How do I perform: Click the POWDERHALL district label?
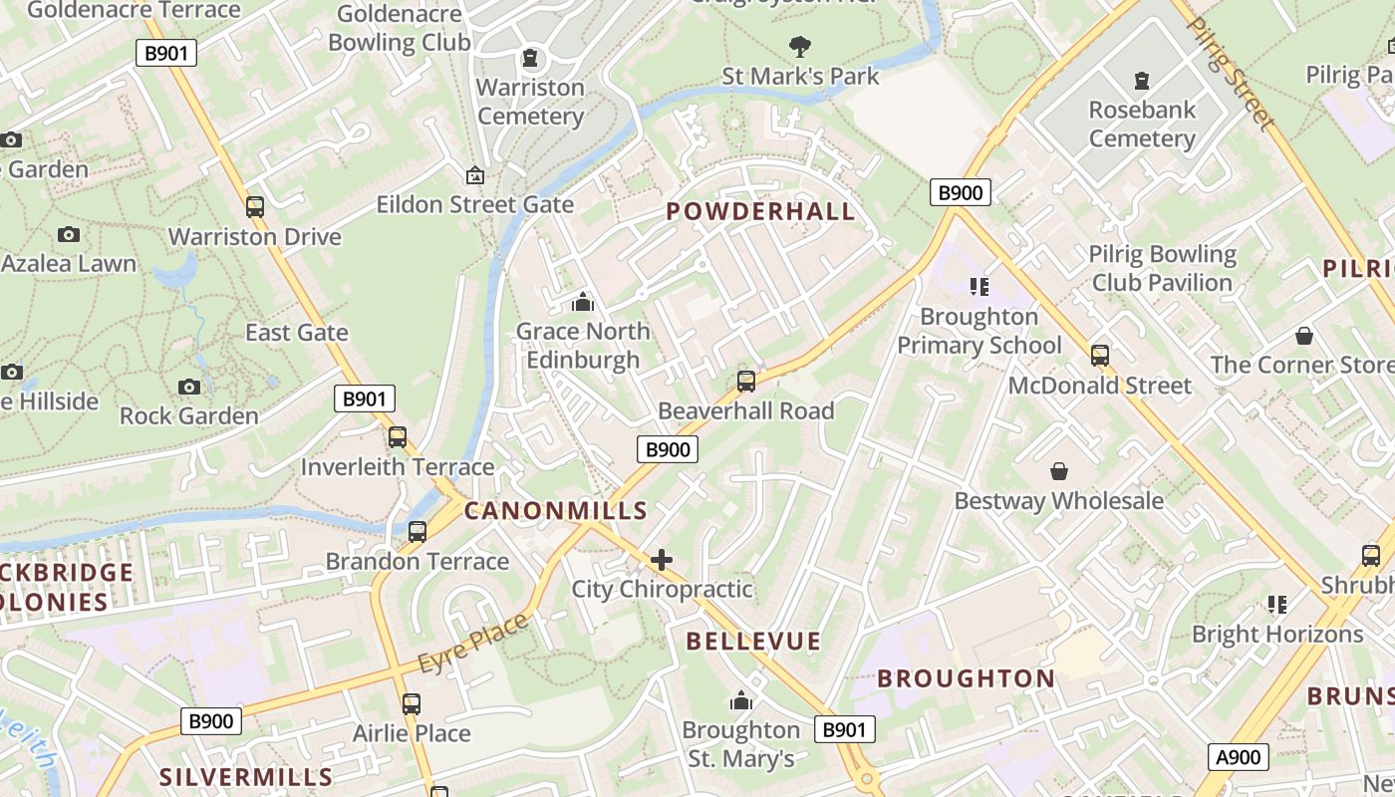point(760,211)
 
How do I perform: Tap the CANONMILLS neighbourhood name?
point(555,511)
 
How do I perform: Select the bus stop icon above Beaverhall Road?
point(745,381)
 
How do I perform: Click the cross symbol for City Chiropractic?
point(662,560)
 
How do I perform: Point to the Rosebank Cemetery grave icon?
point(1142,80)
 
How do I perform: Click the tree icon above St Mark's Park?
point(799,46)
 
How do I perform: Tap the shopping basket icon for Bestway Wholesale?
point(1058,470)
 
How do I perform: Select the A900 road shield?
point(1240,757)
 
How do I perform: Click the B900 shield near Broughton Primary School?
point(960,192)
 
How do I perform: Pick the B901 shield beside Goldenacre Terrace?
point(165,53)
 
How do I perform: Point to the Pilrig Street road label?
point(1231,73)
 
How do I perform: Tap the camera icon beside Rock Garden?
point(188,387)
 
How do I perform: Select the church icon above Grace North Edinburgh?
point(583,301)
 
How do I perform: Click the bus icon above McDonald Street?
point(1099,356)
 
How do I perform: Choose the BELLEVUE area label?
point(753,642)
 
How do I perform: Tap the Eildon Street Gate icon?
point(475,175)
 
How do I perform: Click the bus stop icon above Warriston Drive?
point(255,207)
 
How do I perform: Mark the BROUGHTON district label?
point(966,679)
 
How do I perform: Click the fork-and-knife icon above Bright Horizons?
point(1277,604)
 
